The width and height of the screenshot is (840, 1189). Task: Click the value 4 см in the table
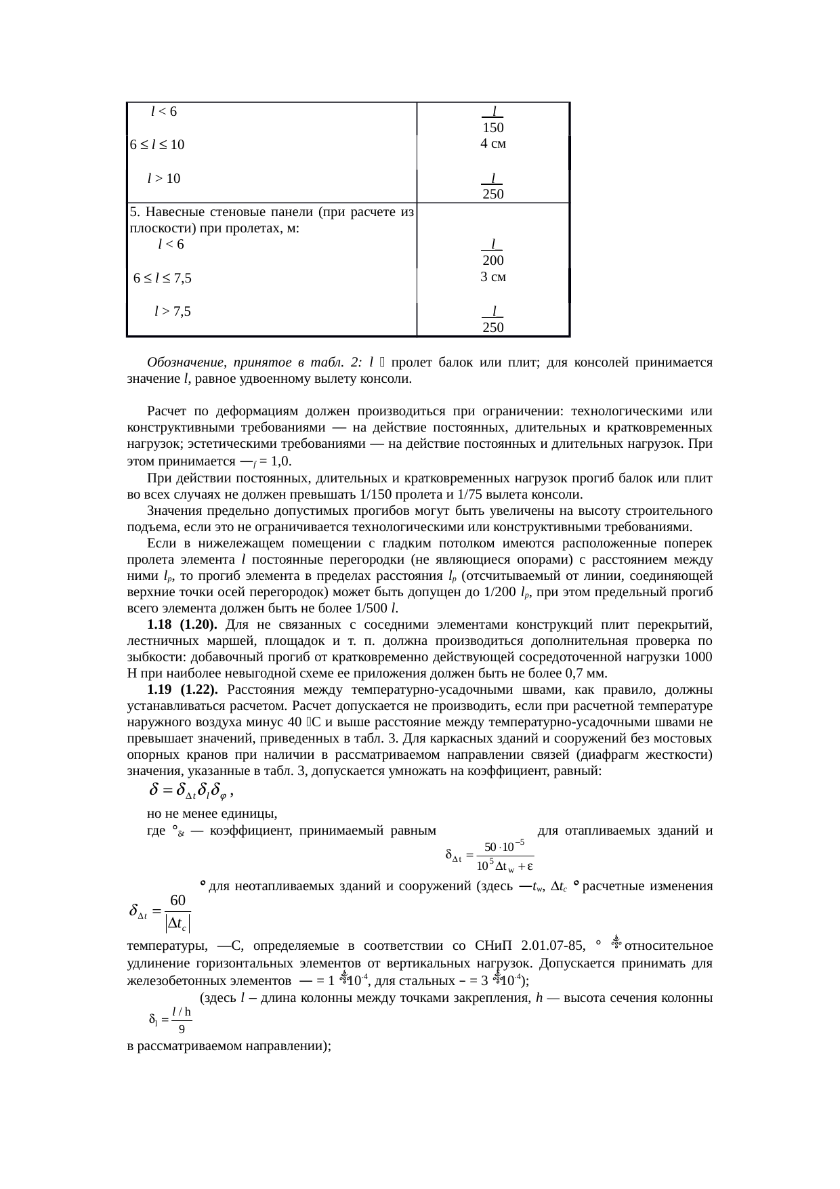493,144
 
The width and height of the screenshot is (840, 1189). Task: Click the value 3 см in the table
493,277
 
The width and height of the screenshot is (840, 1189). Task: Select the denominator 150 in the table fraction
493,128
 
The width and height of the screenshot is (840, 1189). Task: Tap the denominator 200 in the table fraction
493,262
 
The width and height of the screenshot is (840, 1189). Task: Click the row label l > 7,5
172,312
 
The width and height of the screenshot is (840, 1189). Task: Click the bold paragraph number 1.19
160,690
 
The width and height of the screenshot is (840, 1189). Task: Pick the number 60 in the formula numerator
178,900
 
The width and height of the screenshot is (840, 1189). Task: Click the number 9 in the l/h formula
182,1029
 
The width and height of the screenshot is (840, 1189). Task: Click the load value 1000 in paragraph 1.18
698,657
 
